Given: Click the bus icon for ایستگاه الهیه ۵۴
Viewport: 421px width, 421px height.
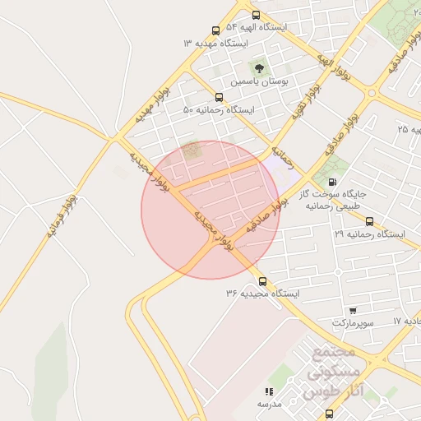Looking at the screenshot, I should click(257, 15).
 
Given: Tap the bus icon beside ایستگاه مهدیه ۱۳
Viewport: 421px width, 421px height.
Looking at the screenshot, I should click(215, 30).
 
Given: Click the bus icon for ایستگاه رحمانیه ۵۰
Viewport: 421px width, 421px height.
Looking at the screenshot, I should click(218, 97).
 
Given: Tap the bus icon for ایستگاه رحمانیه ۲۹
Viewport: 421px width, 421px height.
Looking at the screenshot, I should click(369, 221).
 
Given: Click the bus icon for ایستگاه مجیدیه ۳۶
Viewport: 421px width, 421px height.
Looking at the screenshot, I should click(262, 281).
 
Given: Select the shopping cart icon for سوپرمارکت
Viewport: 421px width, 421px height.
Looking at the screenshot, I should click(353, 311).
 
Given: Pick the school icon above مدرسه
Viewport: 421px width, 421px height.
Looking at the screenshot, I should click(268, 391).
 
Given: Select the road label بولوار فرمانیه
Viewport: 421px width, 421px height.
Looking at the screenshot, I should click(62, 215).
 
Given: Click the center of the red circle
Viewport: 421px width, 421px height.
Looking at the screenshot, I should click(210, 210).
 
